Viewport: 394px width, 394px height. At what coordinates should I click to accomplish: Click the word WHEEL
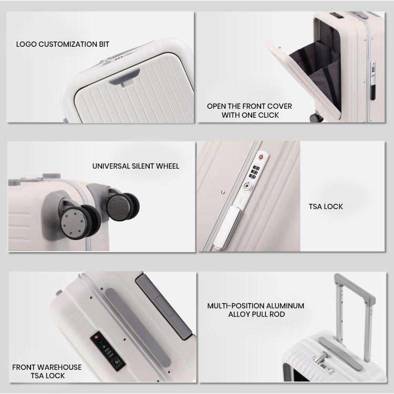click(168, 166)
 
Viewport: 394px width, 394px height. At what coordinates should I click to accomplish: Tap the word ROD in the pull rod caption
click(277, 314)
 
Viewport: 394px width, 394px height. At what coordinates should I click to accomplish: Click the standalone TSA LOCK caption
click(326, 206)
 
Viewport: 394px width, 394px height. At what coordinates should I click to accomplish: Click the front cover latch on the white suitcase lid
click(125, 77)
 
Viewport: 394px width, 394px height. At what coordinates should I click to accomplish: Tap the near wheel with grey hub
click(79, 222)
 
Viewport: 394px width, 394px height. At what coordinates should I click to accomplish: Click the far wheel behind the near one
click(122, 207)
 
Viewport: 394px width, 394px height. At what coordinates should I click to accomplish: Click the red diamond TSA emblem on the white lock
click(261, 157)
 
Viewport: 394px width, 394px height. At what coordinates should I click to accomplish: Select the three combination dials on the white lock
click(255, 172)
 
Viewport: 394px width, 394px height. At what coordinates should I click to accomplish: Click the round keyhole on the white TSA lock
click(246, 186)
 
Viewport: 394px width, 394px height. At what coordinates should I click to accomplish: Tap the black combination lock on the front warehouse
click(107, 350)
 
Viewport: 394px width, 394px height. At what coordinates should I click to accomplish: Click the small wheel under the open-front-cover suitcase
click(316, 117)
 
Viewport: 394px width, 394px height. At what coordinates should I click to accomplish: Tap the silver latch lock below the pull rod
click(323, 363)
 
